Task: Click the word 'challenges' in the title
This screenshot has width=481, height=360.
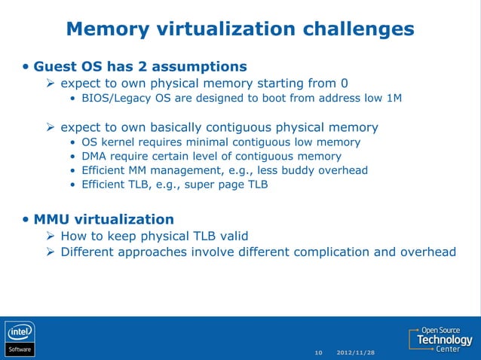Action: [358, 29]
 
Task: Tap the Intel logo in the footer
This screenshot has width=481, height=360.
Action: [20, 332]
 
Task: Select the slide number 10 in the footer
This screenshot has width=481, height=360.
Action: [318, 352]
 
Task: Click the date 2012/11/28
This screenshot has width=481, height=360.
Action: [356, 352]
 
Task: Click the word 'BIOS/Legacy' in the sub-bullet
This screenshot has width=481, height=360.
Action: [115, 98]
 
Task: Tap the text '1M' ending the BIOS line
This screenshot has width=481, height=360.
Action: [394, 98]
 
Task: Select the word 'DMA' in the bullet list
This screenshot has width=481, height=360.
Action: [94, 156]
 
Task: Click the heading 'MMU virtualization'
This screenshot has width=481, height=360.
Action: [103, 219]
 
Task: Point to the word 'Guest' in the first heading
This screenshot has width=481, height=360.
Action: [54, 66]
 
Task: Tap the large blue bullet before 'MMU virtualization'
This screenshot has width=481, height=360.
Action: [26, 219]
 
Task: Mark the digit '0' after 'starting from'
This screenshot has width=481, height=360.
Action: [343, 83]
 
